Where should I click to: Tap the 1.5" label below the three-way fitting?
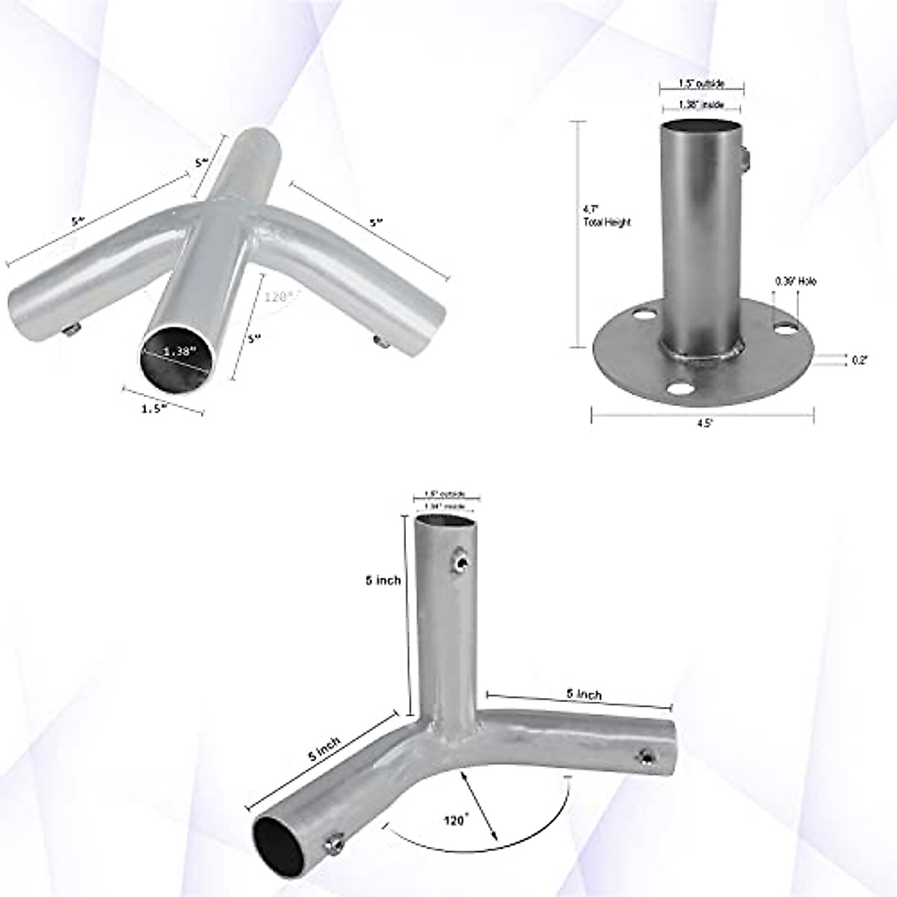pyautogui.click(x=154, y=407)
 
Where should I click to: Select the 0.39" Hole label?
pyautogui.click(x=795, y=282)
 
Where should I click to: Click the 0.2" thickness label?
pyautogui.click(x=860, y=360)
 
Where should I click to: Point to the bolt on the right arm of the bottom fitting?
pyautogui.click(x=644, y=759)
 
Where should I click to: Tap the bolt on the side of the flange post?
pyautogui.click(x=747, y=158)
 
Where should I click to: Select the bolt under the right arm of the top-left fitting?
pyautogui.click(x=379, y=341)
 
